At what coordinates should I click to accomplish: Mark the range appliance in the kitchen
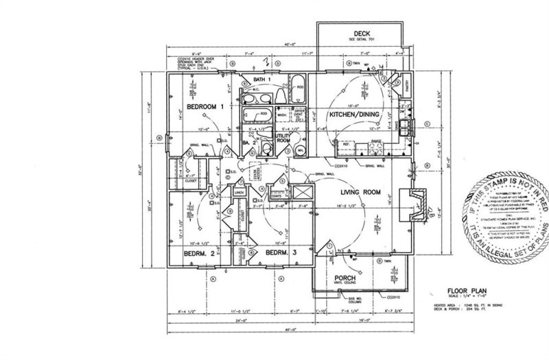(x=375, y=147)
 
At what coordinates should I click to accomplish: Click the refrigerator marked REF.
(x=346, y=147)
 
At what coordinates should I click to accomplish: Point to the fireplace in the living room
(x=410, y=202)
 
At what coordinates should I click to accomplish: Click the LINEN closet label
(x=238, y=194)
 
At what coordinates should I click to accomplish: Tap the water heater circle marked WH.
(x=301, y=148)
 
